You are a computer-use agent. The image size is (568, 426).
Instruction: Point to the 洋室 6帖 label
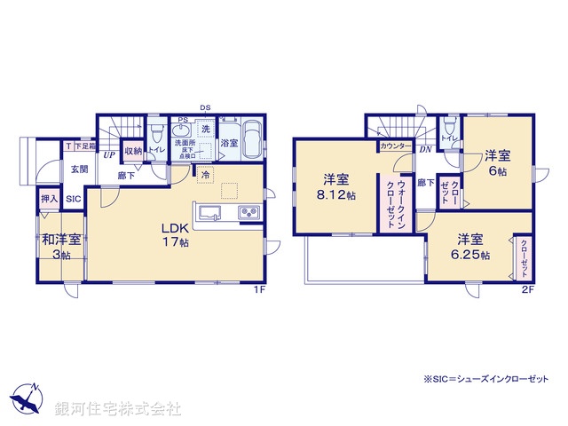tap(497, 163)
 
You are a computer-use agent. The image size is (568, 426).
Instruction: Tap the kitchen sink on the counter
tap(212, 212)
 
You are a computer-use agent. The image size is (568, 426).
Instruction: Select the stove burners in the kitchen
tap(247, 212)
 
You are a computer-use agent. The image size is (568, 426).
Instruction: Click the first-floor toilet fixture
tap(157, 135)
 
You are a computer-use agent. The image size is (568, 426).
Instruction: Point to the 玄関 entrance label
tap(80, 169)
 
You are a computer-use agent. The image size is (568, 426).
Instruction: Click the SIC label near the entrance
tap(73, 200)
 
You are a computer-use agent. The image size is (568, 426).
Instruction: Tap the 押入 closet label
tap(49, 200)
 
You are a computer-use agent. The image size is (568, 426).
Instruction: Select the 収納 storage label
tap(132, 152)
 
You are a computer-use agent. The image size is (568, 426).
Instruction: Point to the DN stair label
tap(425, 149)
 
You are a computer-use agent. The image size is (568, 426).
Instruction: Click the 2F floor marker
tap(526, 289)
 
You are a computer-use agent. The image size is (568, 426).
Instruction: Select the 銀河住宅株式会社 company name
tap(118, 408)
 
